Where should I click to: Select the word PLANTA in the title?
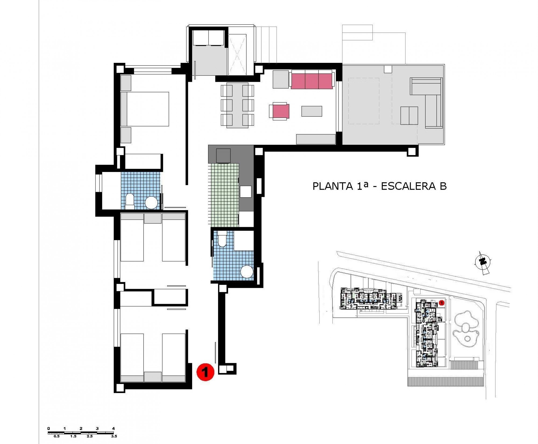pos(332,186)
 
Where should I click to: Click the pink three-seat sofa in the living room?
pos(311,81)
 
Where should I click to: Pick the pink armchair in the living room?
pos(281,112)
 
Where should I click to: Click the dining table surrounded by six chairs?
pos(237,105)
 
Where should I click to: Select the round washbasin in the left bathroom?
pos(151,203)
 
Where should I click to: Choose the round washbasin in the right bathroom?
pos(247,272)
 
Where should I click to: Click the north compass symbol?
pos(482,261)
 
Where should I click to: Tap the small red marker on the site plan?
pos(441,303)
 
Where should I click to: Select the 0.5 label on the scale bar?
pos(57,436)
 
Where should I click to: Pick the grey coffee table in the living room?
pos(311,111)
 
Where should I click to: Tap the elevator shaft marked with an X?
pos(237,54)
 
